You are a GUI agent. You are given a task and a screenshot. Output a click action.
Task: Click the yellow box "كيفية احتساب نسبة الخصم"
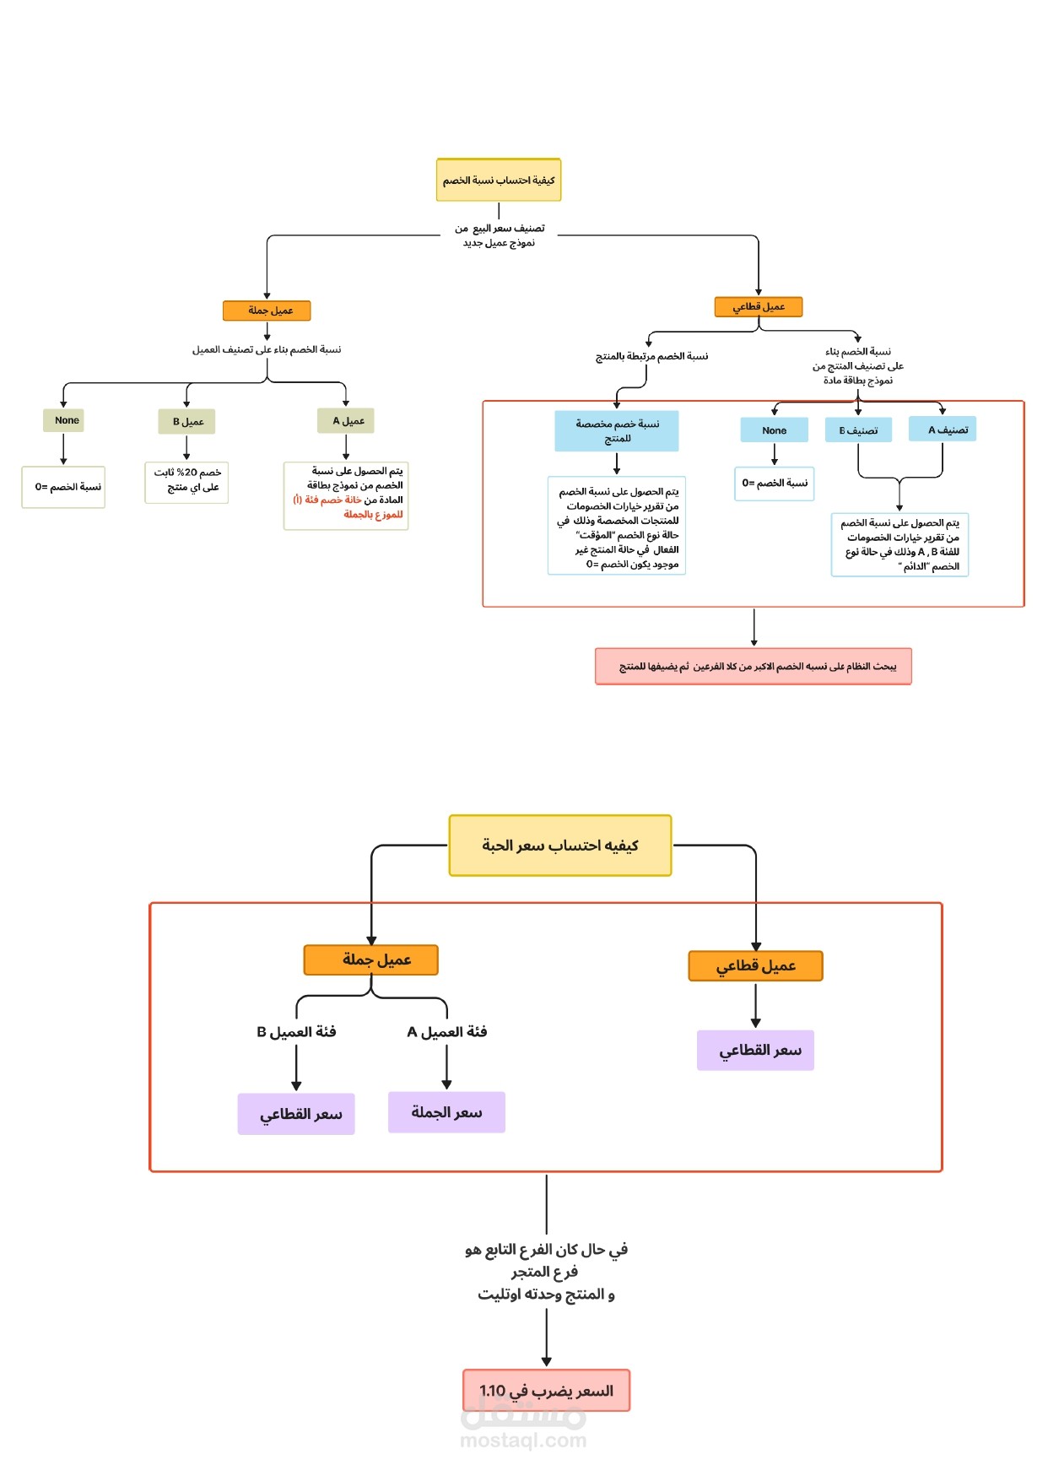coord(499,180)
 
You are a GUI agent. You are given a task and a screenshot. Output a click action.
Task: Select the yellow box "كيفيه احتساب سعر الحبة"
coord(560,845)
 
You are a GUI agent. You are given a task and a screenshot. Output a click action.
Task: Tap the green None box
coord(63,420)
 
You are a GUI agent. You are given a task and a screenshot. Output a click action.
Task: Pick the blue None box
coord(774,430)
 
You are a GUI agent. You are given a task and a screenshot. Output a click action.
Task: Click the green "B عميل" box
coord(186,421)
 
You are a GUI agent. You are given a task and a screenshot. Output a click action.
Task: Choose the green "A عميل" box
coord(346,420)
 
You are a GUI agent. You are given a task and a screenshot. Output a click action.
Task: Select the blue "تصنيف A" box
coord(943,429)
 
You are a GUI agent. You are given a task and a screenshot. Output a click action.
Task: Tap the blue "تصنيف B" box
coord(858,430)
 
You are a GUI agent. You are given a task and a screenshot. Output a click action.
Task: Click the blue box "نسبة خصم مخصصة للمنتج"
coord(617,430)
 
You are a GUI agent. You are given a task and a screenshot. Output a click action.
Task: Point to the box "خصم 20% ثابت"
coord(186,482)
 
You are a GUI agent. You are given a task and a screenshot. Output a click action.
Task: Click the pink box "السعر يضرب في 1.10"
coord(547,1390)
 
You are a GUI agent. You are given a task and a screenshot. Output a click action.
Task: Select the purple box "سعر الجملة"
coord(446,1112)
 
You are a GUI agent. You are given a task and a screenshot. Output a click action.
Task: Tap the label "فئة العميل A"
coord(447,1031)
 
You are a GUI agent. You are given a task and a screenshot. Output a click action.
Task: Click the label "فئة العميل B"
coord(296,1031)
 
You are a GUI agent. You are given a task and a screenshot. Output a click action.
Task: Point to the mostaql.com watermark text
coord(523,1440)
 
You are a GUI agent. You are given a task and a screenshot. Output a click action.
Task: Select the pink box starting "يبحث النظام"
coord(754,666)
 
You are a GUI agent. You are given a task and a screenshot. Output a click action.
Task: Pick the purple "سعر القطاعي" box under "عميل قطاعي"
coord(755,1050)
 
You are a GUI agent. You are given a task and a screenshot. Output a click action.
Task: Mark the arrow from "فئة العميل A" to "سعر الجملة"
coord(446,1067)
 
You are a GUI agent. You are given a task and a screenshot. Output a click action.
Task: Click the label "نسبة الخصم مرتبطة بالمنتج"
coord(652,356)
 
